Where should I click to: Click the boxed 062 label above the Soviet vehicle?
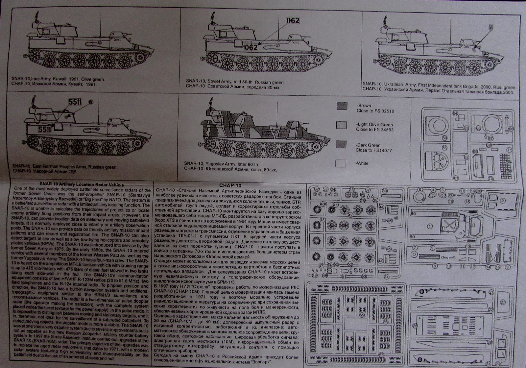[293, 21]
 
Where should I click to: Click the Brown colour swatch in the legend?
[342, 106]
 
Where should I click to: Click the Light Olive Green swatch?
[342, 125]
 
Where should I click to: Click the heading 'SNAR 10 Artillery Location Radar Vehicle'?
[81, 185]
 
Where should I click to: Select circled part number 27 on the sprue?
[503, 302]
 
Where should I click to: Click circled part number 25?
[415, 326]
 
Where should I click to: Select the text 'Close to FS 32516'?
[375, 111]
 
